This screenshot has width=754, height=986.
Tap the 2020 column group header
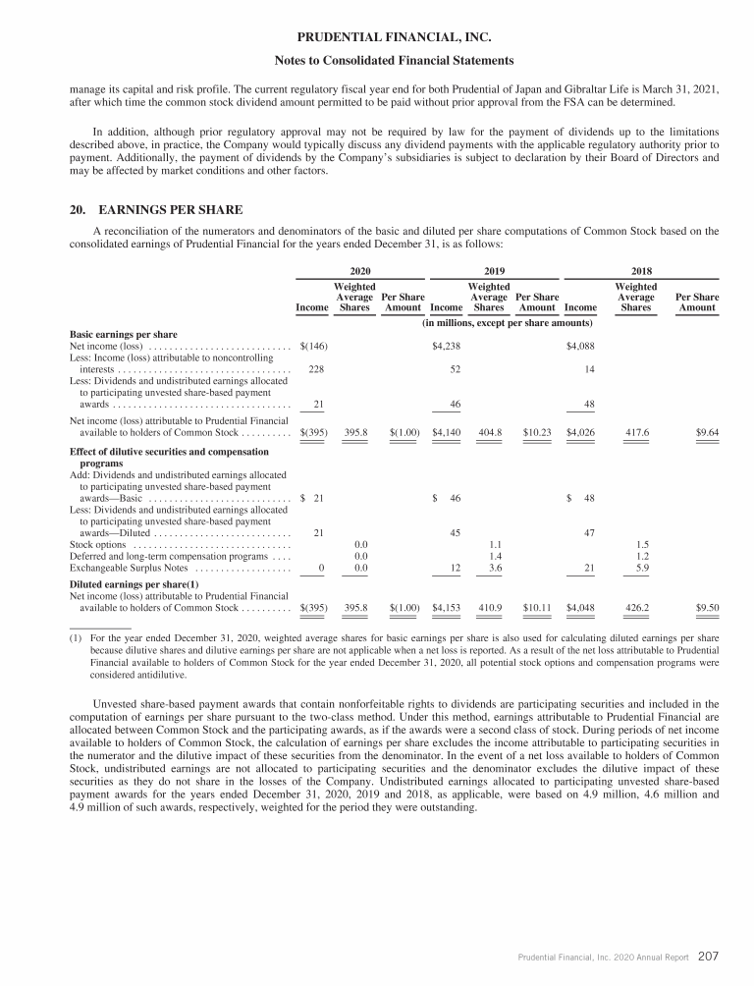359,270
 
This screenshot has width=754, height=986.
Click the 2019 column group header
494,270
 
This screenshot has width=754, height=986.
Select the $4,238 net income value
447,346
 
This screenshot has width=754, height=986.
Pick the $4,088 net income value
581,346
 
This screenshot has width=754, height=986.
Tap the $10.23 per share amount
537,431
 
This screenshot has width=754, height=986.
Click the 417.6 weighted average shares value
636,431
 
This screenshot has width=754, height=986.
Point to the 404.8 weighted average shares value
489,431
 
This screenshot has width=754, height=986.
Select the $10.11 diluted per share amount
537,608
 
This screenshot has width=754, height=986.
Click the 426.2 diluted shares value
636,608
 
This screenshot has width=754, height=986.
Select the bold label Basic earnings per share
124,335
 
